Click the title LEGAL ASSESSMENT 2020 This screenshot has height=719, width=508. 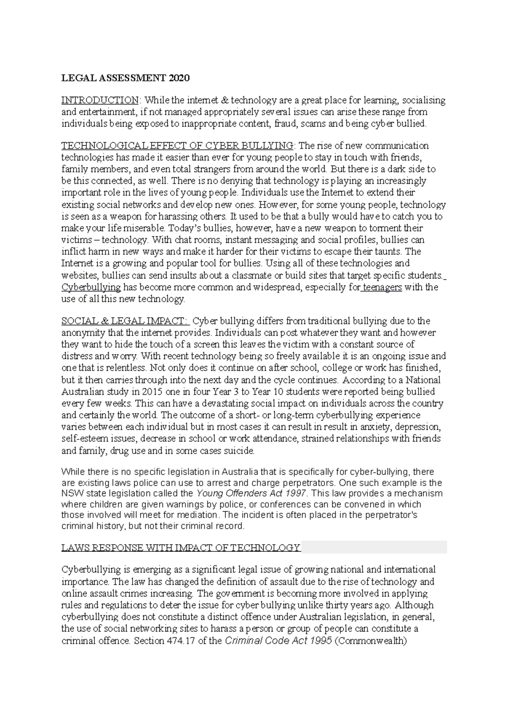pyautogui.click(x=126, y=78)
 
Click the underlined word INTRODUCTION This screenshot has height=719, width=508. pyautogui.click(x=99, y=100)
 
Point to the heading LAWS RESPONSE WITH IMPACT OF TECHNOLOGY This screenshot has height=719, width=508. pyautogui.click(x=181, y=548)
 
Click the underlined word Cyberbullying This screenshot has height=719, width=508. pyautogui.click(x=91, y=288)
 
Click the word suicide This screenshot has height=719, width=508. pyautogui.click(x=240, y=451)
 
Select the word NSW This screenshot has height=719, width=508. pyautogui.click(x=70, y=494)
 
